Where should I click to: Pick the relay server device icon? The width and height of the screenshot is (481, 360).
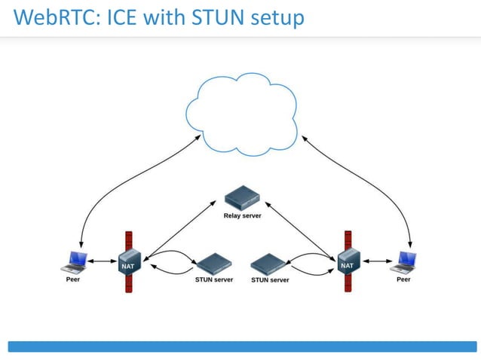pyautogui.click(x=242, y=200)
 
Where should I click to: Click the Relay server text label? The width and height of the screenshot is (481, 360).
pyautogui.click(x=242, y=215)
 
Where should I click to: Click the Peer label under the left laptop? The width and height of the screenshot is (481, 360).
pyautogui.click(x=72, y=279)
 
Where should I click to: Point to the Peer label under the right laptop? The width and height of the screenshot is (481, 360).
pyautogui.click(x=404, y=279)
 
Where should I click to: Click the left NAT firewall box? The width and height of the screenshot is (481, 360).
pyautogui.click(x=127, y=264)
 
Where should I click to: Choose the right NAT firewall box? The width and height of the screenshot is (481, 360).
pyautogui.click(x=348, y=264)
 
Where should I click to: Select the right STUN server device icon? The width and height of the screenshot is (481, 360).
pyautogui.click(x=269, y=264)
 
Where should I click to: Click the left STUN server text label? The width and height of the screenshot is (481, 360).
pyautogui.click(x=210, y=279)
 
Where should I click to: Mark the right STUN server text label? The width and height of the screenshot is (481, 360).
pyautogui.click(x=270, y=279)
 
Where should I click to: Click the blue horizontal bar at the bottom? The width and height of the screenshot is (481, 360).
pyautogui.click(x=242, y=346)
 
